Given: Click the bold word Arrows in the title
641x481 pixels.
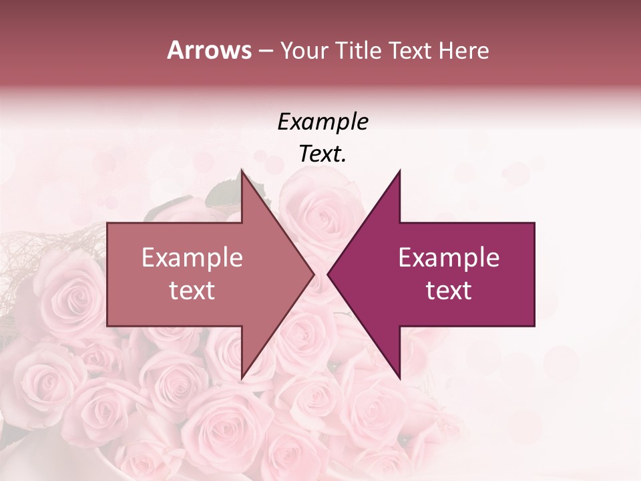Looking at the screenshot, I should [209, 50].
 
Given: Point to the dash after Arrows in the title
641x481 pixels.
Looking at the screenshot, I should [265, 51].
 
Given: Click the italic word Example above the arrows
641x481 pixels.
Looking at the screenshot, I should [323, 123].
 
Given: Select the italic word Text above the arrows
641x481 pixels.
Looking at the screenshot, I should [320, 154].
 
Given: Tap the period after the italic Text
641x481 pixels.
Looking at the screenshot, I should [344, 160].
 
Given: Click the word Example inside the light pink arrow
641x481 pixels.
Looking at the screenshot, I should [192, 258].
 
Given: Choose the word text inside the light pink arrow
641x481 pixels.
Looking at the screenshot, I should [192, 291].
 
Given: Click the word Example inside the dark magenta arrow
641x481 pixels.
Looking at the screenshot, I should [449, 258].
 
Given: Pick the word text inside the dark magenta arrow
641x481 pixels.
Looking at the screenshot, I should [449, 291].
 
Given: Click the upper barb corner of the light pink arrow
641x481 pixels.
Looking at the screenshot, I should [242, 172].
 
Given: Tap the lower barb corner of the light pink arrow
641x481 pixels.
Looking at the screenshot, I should [242, 377].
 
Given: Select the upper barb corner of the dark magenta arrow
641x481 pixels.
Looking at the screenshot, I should [399, 172].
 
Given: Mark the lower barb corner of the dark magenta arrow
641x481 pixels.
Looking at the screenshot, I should [399, 377].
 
